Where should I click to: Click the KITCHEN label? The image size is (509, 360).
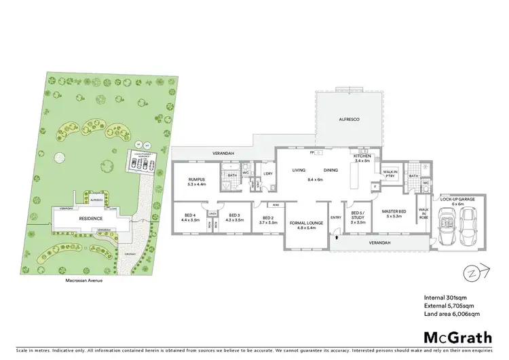[x=362, y=158]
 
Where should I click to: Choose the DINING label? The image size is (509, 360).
[x=331, y=170]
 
